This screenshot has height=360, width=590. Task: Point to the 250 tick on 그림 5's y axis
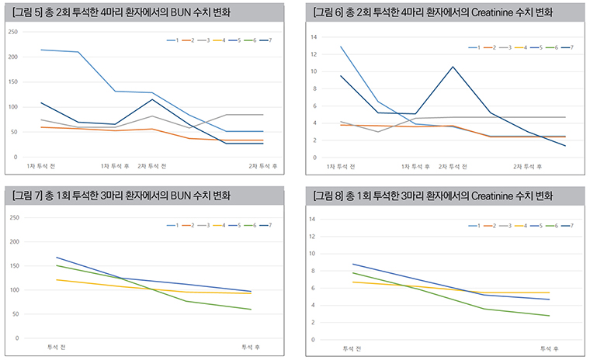coord(12,32)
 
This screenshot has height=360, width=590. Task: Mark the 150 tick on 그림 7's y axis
coord(12,266)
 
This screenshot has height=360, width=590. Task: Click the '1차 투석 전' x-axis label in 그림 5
coord(40,166)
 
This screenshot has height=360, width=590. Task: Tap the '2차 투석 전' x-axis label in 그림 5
coord(152,166)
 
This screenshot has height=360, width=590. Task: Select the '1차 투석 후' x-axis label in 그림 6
coord(415,167)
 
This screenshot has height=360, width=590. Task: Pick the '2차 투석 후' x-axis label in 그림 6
coord(527,167)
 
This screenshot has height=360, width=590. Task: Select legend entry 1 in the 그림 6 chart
coord(476,47)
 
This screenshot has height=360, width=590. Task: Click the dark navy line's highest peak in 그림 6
coord(453,67)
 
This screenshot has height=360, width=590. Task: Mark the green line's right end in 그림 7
coord(251,310)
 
